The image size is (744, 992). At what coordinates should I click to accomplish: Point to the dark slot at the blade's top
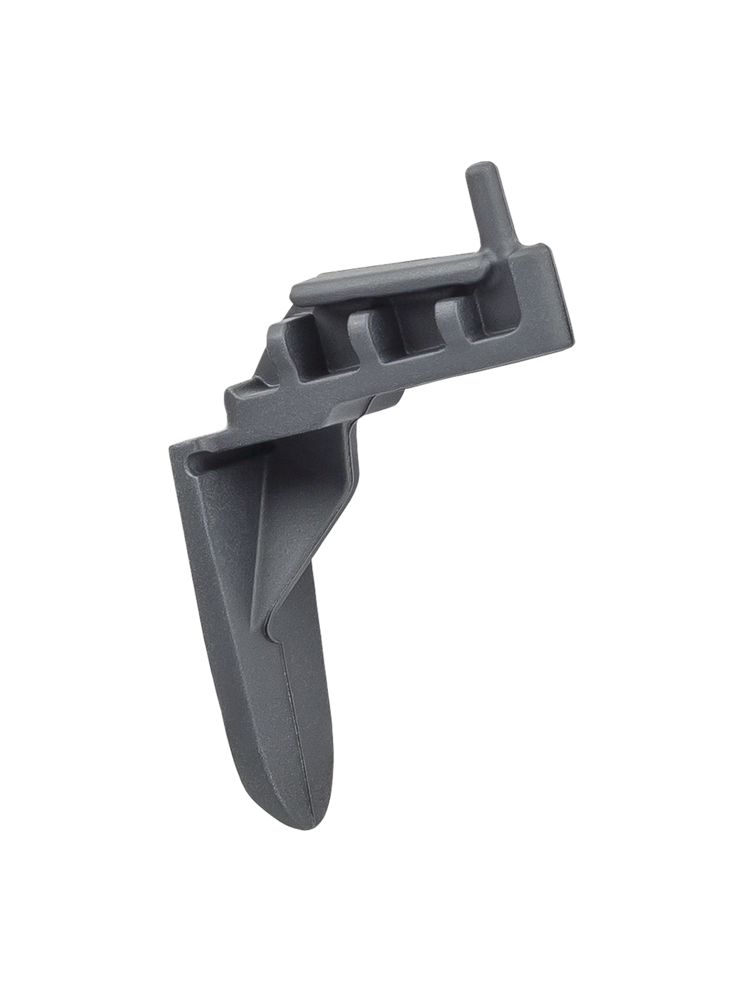point(226,458)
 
